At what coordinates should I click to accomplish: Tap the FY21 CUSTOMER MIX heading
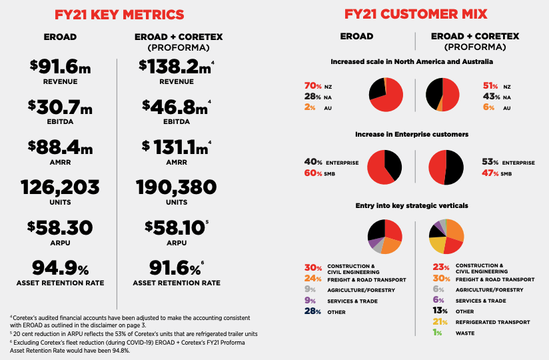tap(416, 14)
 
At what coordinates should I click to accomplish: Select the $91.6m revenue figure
tap(59, 66)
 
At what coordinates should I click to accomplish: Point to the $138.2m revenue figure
tap(175, 66)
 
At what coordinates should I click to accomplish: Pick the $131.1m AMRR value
tap(175, 146)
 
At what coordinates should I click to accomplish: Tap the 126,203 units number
tap(60, 186)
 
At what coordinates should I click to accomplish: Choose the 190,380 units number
tap(176, 186)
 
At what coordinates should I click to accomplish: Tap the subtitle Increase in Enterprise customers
tap(411, 134)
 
